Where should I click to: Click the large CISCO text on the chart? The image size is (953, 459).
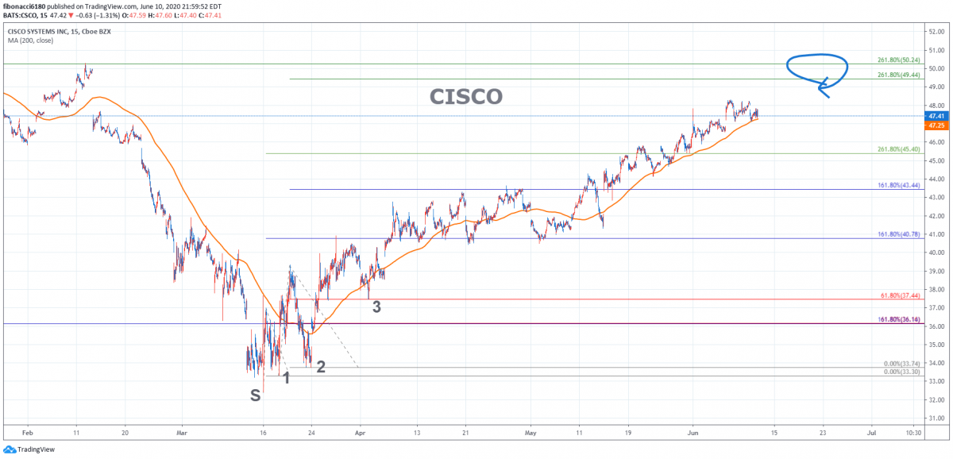[x=466, y=97]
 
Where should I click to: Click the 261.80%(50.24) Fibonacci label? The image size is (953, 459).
[x=897, y=60]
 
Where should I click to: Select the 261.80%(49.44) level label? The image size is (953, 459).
[x=897, y=75]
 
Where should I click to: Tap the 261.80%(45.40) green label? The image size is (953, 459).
[x=897, y=149]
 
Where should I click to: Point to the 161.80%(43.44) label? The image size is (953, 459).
[x=897, y=185]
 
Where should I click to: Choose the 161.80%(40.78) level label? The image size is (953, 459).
[x=897, y=234]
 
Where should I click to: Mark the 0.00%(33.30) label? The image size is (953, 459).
[x=901, y=372]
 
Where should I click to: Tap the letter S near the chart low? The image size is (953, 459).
[x=256, y=395]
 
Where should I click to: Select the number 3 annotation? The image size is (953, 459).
[x=376, y=307]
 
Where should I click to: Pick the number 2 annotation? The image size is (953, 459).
[x=321, y=367]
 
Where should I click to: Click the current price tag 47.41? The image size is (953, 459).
[x=936, y=116]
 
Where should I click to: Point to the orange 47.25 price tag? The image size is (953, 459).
[x=936, y=125]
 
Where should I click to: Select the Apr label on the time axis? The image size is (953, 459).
[x=360, y=434]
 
